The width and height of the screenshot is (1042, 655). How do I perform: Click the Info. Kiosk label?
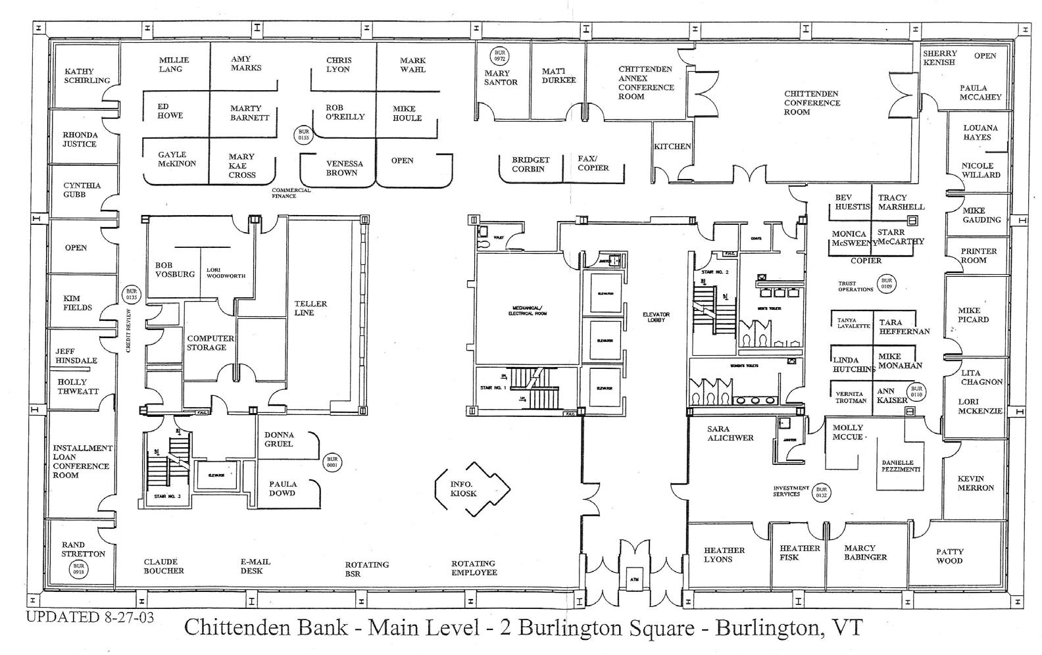click(463, 489)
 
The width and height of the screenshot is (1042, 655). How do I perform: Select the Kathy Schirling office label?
click(87, 76)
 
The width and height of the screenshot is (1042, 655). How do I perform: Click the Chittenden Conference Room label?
click(812, 103)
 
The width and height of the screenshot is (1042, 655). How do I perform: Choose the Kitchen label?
click(672, 147)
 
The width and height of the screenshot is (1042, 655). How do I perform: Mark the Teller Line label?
click(310, 308)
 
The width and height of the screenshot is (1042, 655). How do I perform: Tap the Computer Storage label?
click(210, 343)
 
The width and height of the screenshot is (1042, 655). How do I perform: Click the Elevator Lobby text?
click(656, 317)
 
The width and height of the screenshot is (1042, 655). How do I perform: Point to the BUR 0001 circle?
click(332, 462)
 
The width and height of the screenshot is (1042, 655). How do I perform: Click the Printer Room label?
click(978, 255)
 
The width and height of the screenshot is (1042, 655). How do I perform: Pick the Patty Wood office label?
click(949, 556)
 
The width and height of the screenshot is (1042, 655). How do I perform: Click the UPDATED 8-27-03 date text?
click(89, 618)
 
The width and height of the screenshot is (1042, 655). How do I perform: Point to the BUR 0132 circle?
click(821, 493)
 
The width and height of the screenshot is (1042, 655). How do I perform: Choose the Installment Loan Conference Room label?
click(82, 461)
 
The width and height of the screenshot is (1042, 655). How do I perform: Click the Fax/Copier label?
click(593, 163)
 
